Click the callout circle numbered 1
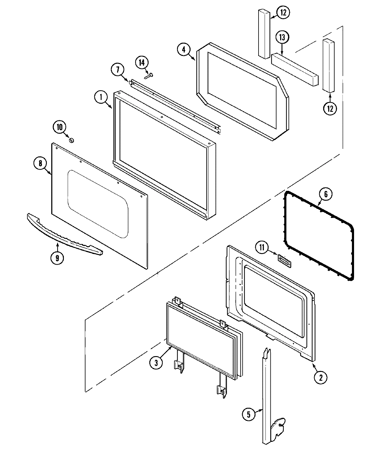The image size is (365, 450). [101, 98]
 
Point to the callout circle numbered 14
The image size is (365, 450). [142, 63]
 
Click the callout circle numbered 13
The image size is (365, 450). [282, 38]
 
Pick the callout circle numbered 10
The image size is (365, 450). [60, 127]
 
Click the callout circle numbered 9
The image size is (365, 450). [57, 258]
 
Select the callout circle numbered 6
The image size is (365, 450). [325, 194]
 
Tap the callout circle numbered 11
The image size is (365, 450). [262, 247]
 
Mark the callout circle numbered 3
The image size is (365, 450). [156, 363]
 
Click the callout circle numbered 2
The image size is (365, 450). [321, 377]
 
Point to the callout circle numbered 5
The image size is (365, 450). [249, 415]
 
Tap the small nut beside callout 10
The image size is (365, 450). [72, 140]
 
